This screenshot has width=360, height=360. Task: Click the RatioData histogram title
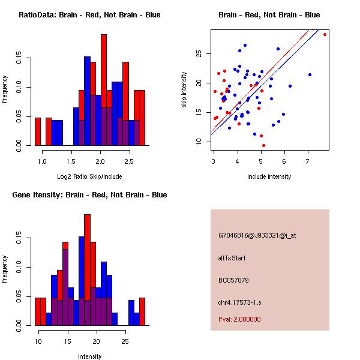[89, 15]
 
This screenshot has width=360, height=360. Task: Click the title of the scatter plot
[269, 15]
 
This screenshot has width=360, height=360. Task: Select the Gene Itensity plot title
[89, 195]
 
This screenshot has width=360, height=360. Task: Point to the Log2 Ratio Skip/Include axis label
[89, 176]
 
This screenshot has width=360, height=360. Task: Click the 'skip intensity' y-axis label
[185, 90]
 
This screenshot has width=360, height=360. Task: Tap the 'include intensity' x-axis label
[269, 176]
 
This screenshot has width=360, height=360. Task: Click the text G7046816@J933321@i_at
[257, 235]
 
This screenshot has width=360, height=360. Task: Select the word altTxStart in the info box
[232, 258]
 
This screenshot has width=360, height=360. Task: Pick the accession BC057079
[233, 280]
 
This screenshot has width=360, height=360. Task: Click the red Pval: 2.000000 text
[239, 319]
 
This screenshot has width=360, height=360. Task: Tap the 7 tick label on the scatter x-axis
[307, 161]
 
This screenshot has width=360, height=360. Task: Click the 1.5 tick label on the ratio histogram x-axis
[71, 161]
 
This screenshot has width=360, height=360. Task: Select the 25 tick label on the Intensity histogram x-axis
[125, 341]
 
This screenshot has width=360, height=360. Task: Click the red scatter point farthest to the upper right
[325, 35]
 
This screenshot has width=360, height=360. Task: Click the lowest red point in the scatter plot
[263, 145]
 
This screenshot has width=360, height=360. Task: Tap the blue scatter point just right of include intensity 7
[310, 74]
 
